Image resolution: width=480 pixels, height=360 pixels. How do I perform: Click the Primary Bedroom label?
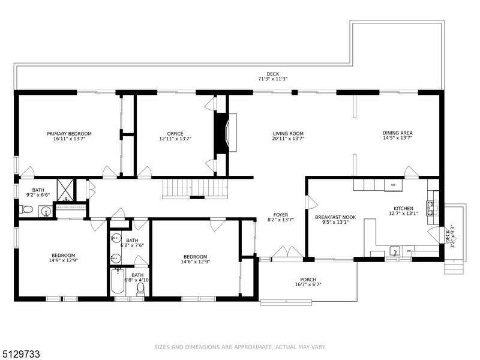point(69,133)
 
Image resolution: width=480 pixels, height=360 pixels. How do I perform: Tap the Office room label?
point(175,133)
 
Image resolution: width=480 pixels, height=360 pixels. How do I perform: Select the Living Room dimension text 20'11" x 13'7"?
point(288,139)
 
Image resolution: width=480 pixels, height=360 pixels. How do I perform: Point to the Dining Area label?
point(397,133)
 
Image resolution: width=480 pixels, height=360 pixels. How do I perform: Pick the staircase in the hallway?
point(196,188)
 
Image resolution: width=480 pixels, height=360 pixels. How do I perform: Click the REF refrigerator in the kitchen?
point(394,185)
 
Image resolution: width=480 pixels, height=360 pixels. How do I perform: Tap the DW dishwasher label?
point(409,251)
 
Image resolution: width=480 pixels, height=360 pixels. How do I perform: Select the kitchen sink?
point(395,251)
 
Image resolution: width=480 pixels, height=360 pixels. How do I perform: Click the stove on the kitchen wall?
point(431,208)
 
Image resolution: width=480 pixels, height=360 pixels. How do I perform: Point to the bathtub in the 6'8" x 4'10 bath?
point(118,281)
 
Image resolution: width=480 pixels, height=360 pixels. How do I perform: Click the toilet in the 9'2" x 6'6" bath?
point(27,209)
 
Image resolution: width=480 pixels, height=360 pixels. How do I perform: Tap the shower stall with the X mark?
point(65,190)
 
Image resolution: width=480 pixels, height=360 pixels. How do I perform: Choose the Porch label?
point(308,280)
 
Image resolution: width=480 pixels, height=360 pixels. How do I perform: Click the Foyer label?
point(281,215)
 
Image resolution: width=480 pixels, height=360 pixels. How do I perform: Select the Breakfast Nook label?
point(335,217)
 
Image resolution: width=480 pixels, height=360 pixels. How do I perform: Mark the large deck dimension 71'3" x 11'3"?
point(273,79)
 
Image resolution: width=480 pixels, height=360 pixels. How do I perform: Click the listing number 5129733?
point(20,354)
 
